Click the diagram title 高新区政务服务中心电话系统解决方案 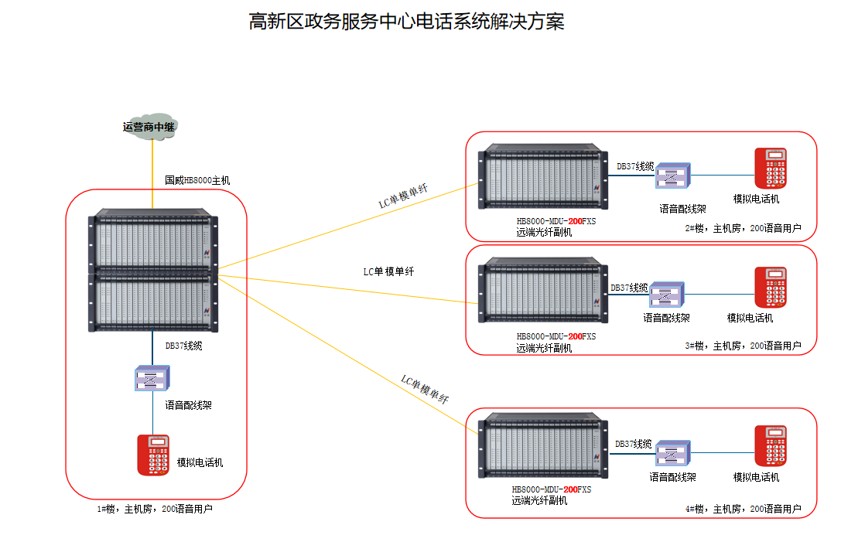coord(406,22)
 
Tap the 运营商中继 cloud coord(149,128)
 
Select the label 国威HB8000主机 coord(197,180)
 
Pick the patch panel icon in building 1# coord(152,378)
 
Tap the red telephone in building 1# coord(153,455)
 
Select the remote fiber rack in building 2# coord(544,178)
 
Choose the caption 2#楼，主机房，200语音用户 coord(743,229)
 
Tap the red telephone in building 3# coord(770,288)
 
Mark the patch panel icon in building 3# coord(666,295)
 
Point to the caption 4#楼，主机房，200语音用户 coord(743,509)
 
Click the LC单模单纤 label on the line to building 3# coord(388,271)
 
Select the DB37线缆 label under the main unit coord(183,346)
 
